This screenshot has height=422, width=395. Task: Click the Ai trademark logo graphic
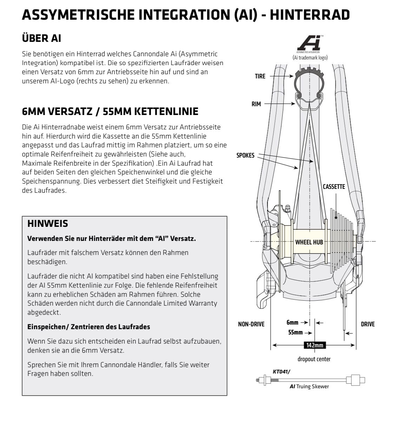click(x=309, y=44)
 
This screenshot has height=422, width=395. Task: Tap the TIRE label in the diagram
click(x=260, y=76)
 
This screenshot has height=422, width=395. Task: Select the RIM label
click(x=256, y=104)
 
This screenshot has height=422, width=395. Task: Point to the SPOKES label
click(x=245, y=155)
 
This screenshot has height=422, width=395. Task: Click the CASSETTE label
click(x=334, y=187)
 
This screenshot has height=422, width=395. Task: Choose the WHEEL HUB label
click(x=309, y=242)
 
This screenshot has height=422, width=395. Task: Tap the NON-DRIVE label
click(x=251, y=324)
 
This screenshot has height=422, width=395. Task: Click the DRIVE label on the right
click(x=368, y=324)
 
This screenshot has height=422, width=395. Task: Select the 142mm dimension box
click(x=315, y=345)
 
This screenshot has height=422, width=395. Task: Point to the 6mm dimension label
click(x=292, y=322)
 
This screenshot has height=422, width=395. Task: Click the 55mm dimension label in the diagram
click(x=295, y=332)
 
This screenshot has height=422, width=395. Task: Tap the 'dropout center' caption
click(x=314, y=359)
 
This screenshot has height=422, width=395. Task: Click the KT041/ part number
click(x=282, y=371)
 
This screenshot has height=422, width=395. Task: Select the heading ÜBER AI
click(x=41, y=38)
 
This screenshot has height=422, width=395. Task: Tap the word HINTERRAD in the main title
click(x=310, y=15)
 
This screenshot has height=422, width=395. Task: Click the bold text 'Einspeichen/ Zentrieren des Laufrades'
click(x=89, y=327)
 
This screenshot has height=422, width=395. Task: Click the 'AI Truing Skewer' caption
click(x=309, y=386)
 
